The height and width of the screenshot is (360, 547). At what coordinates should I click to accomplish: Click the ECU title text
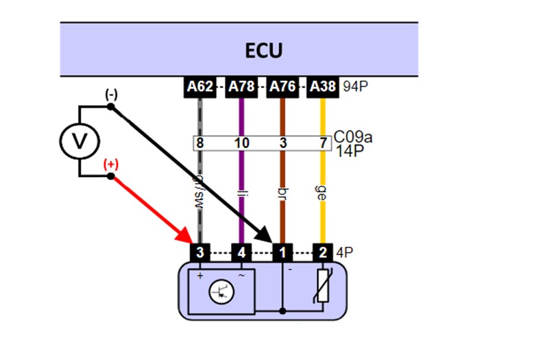[263, 51]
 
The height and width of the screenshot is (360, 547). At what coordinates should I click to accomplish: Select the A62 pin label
[200, 87]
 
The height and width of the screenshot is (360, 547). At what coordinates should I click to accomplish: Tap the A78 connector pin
[241, 87]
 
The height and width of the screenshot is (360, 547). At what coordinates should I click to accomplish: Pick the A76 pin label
[282, 87]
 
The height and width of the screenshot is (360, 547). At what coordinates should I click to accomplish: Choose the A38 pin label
[322, 87]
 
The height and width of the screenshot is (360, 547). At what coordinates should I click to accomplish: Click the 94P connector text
[354, 87]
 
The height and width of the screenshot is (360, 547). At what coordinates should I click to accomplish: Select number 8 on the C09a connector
[200, 143]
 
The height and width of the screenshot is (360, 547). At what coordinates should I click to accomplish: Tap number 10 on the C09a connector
[241, 143]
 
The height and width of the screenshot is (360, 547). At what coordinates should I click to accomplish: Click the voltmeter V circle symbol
[80, 141]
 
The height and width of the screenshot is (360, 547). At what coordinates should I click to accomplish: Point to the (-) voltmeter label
[110, 94]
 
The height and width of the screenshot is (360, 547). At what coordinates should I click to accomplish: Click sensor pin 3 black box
[199, 252]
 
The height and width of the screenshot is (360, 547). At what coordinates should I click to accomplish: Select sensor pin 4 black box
[241, 252]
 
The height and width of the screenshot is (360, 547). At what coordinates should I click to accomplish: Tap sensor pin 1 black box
[282, 252]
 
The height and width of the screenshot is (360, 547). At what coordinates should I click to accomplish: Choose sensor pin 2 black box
[323, 252]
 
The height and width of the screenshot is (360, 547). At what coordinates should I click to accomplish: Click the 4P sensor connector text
[345, 252]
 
